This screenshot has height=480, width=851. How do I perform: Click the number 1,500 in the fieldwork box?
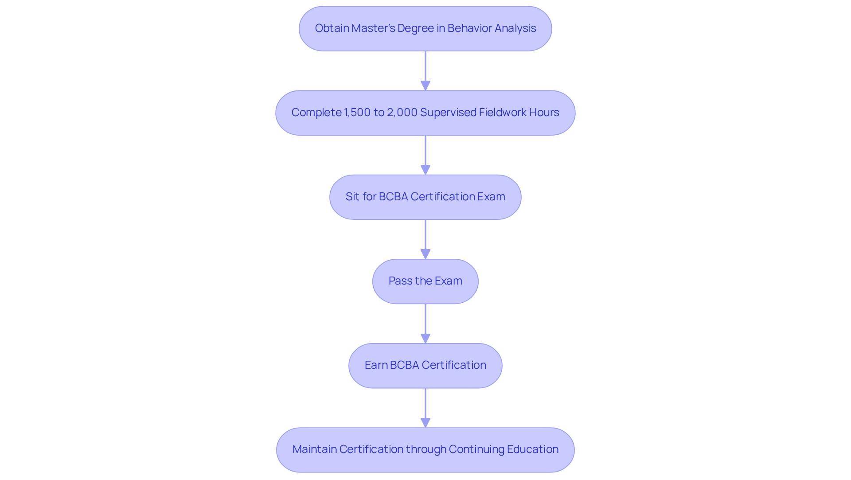[x=357, y=113]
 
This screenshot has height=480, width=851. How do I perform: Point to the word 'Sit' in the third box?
[x=352, y=197]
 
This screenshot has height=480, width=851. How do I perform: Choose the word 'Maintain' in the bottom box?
[x=314, y=449]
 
